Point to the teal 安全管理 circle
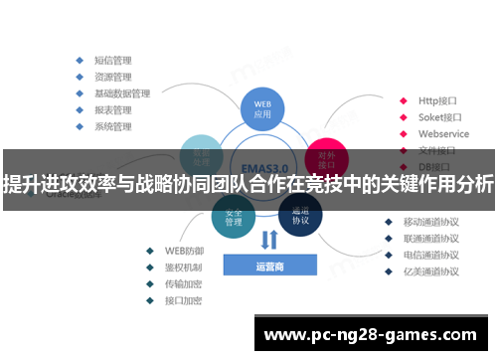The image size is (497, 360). coord(234,218)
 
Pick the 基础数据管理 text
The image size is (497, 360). coord(121,92)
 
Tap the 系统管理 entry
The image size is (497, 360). coord(112,126)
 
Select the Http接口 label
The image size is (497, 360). coord(436,100)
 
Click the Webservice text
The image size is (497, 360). coord(443,133)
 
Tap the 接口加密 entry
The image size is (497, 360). coord(183,300)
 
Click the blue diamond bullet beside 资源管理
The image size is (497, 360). coord(79,76)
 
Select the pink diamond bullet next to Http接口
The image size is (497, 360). coord(403,100)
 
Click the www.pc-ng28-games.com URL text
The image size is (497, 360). coord(373,334)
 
